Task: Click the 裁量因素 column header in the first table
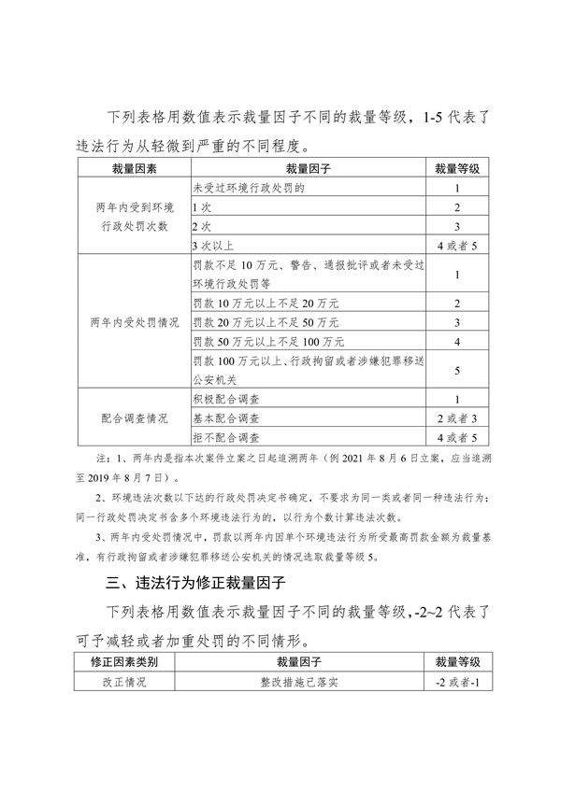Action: (131, 169)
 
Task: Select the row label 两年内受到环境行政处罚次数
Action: (131, 217)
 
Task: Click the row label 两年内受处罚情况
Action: (131, 321)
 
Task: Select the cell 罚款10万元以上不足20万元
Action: (265, 304)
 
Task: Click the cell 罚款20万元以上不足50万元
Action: (265, 322)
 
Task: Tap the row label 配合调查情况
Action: (131, 417)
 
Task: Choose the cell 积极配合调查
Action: (225, 399)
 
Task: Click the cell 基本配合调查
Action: (225, 417)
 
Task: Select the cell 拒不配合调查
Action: (225, 436)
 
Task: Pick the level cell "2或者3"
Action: (456, 417)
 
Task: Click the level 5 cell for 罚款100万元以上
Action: (456, 370)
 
